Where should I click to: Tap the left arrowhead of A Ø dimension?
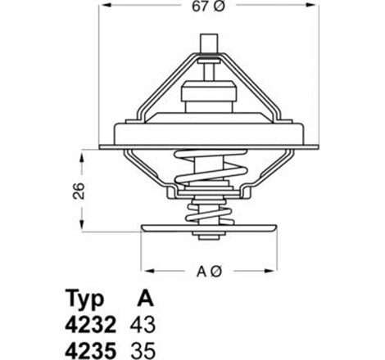pyautogui.click(x=145, y=270)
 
